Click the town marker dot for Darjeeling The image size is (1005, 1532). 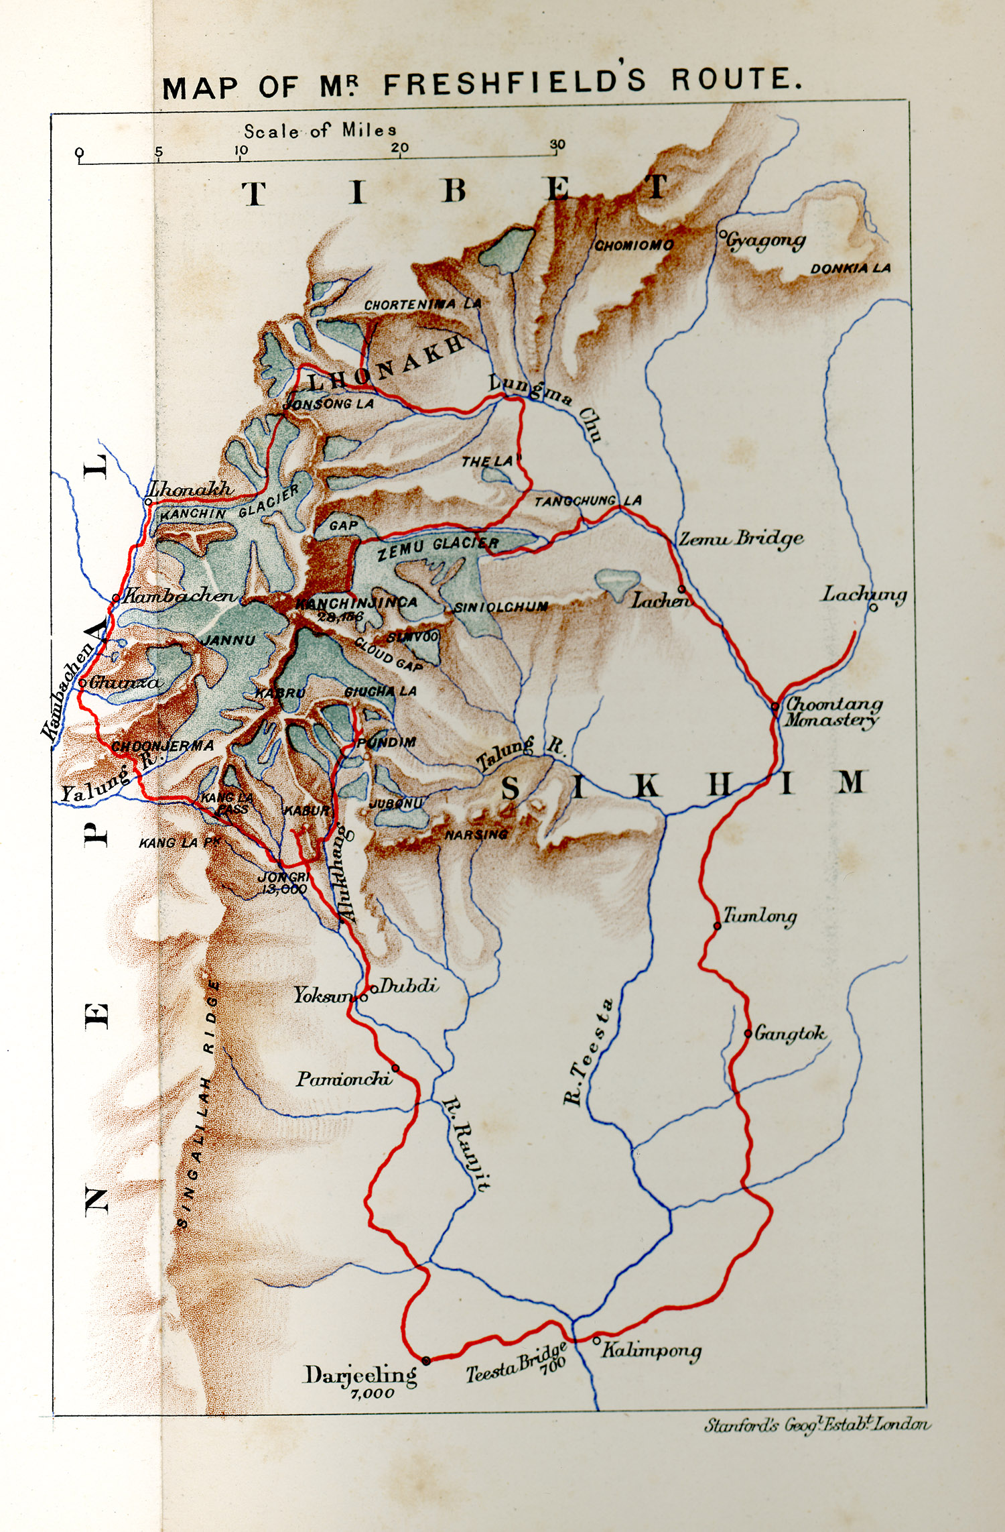(x=425, y=1360)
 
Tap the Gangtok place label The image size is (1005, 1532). (x=790, y=1034)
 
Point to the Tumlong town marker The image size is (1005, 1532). (x=717, y=926)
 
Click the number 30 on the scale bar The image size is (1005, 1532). (x=557, y=144)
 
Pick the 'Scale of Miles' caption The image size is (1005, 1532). (x=320, y=130)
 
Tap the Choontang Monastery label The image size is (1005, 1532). (x=832, y=712)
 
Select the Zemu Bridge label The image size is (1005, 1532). (x=741, y=538)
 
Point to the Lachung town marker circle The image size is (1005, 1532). (x=873, y=607)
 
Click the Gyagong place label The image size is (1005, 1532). (x=766, y=241)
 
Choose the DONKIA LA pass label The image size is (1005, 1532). (x=850, y=268)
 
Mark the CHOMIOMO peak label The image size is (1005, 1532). (x=634, y=245)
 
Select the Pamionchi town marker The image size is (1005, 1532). (x=395, y=1067)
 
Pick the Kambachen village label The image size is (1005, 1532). (x=180, y=595)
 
